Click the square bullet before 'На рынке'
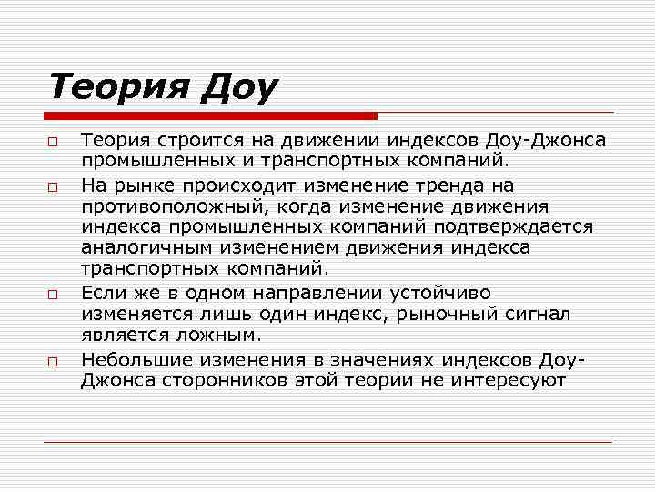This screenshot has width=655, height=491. [x=54, y=187]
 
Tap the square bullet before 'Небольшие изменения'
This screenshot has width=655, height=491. [x=54, y=362]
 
